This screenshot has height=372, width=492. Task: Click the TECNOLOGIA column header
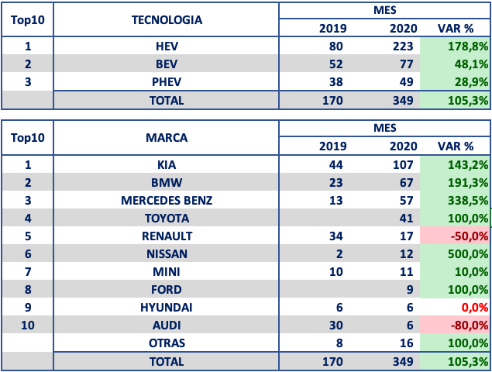pos(167,20)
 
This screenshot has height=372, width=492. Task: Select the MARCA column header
pos(167,138)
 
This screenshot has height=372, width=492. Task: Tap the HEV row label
pos(167,46)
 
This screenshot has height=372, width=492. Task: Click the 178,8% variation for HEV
pos(468,46)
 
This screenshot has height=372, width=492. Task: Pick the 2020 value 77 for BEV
pos(406,64)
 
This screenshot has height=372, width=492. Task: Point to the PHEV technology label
pos(167,82)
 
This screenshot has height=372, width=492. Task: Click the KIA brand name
pos(167,165)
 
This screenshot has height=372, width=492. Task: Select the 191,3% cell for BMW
pos(468,183)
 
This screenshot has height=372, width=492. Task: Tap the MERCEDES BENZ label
pos(167,201)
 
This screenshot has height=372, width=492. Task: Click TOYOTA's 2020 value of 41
pos(406,219)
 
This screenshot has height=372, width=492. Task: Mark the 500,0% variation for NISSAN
pos(468,254)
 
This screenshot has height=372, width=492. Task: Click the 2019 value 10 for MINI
pos(335,272)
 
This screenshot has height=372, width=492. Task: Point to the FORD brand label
pos(167,290)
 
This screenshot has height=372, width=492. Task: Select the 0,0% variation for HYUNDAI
pos(475,308)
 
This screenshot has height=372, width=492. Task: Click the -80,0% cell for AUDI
pos(470,325)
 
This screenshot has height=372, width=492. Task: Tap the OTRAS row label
pos(167,343)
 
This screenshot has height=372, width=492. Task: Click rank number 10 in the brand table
pos(28,325)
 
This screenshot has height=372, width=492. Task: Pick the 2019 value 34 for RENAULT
pos(335,236)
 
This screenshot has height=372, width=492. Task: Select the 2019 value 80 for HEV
pos(335,46)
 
